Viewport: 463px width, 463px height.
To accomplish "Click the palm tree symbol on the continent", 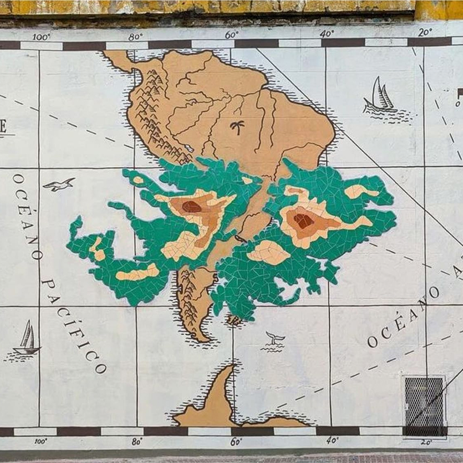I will click(x=238, y=128).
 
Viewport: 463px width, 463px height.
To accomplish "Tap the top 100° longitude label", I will click(x=42, y=37).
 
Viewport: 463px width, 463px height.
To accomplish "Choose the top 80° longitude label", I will click(x=135, y=37).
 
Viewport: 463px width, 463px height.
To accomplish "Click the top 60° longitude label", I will click(x=232, y=35).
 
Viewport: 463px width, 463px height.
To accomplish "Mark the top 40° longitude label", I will click(x=327, y=34).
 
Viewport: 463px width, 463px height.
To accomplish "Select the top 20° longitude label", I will click(x=425, y=32).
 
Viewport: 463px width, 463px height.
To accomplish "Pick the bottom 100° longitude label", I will click(x=40, y=442).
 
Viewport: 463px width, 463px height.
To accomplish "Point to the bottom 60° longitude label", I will click(x=236, y=442).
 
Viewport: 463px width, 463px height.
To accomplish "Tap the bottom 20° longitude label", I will click(x=426, y=442).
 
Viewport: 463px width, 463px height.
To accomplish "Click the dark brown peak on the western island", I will click(x=191, y=207).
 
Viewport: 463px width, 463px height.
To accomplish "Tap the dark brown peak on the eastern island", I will click(x=303, y=221).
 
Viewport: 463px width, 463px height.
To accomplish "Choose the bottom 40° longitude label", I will click(x=333, y=440).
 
